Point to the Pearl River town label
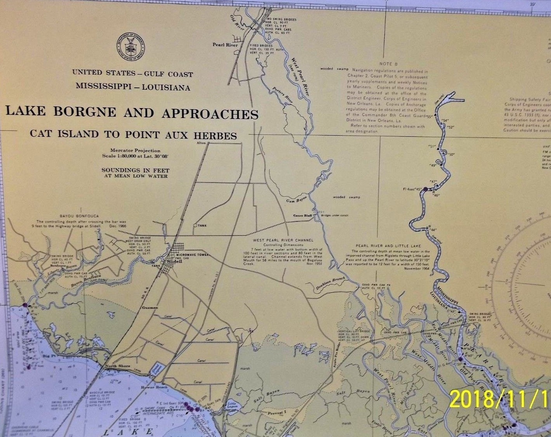(x=225, y=45)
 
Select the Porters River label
(x=283, y=94)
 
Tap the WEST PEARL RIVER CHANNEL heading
(x=283, y=240)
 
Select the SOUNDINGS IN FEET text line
(x=135, y=170)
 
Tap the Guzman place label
(x=149, y=308)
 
